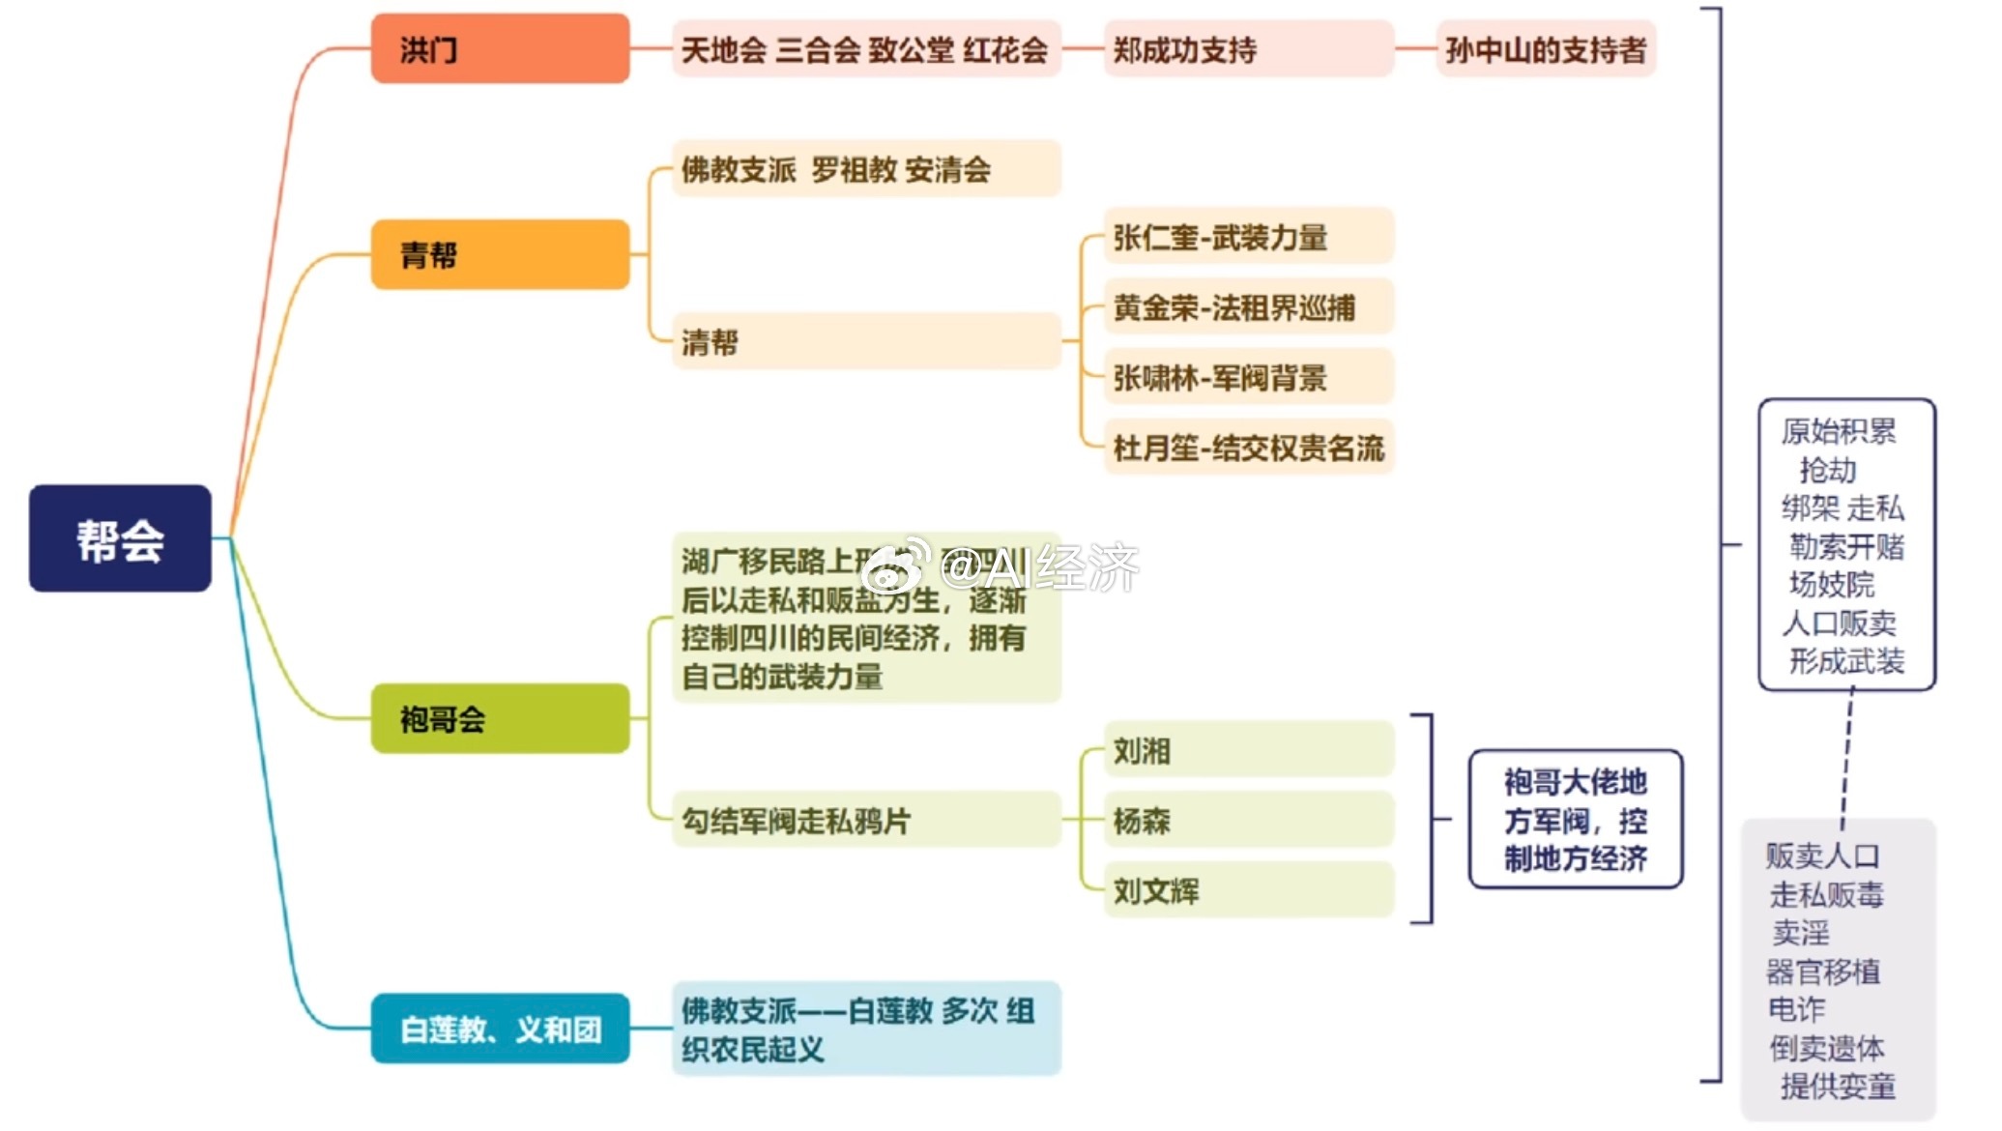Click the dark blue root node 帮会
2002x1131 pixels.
(x=120, y=538)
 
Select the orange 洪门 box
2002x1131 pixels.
(x=500, y=48)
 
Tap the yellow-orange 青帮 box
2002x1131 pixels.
(x=500, y=254)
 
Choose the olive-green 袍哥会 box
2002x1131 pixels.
(x=500, y=718)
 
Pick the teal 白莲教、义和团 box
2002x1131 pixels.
(x=500, y=1029)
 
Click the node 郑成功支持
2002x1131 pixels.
(x=1247, y=49)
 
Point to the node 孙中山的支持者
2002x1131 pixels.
(x=1546, y=49)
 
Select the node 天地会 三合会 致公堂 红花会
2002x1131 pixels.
(x=865, y=49)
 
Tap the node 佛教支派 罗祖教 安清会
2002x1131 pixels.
(x=865, y=169)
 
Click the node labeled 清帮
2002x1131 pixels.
(x=865, y=341)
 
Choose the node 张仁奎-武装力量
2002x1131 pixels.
(x=1247, y=237)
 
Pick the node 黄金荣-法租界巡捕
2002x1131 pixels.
(x=1247, y=307)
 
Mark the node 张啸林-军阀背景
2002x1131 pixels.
(x=1247, y=378)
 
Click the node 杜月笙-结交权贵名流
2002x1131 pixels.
(x=1247, y=448)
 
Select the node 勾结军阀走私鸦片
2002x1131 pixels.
(x=865, y=821)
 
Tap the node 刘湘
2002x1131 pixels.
(x=1247, y=750)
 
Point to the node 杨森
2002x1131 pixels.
(x=1247, y=821)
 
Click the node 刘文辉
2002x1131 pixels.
(x=1247, y=890)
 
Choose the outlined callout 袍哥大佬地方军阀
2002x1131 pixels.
(x=1575, y=819)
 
